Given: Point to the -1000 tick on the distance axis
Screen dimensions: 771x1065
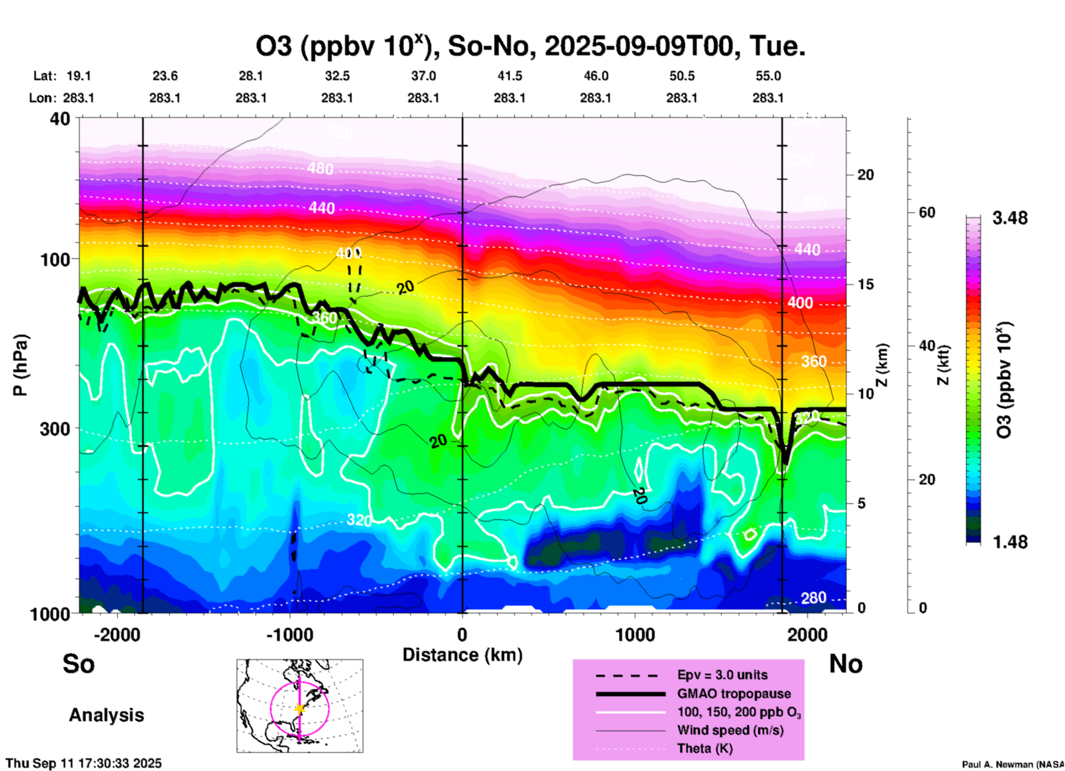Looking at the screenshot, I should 290,634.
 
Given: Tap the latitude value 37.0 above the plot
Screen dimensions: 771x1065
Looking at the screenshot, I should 423,76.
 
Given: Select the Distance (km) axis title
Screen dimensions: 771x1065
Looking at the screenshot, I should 462,655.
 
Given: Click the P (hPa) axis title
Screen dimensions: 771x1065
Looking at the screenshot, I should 20,365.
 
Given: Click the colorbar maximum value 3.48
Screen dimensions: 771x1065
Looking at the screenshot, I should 1010,218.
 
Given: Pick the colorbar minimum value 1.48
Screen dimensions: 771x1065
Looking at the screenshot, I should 1010,542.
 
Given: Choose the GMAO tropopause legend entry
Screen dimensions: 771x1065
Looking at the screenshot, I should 734,694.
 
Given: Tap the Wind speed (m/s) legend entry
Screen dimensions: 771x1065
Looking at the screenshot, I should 730,730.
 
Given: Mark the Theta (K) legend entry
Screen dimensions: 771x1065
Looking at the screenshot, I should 704,748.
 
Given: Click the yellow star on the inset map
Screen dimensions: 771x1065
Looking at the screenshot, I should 300,709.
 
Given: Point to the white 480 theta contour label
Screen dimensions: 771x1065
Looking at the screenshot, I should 321,168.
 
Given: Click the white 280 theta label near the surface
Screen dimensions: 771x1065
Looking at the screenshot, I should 813,598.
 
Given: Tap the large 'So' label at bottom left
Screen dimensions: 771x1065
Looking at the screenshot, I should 79,664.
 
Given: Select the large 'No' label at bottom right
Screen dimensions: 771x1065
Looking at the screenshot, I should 845,664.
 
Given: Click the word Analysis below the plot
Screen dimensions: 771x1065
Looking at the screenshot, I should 106,715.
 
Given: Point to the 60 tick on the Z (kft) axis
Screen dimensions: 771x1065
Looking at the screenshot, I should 927,213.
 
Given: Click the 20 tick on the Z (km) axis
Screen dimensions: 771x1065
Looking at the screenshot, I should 865,175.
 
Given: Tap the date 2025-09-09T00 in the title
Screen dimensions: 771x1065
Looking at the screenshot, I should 642,46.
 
